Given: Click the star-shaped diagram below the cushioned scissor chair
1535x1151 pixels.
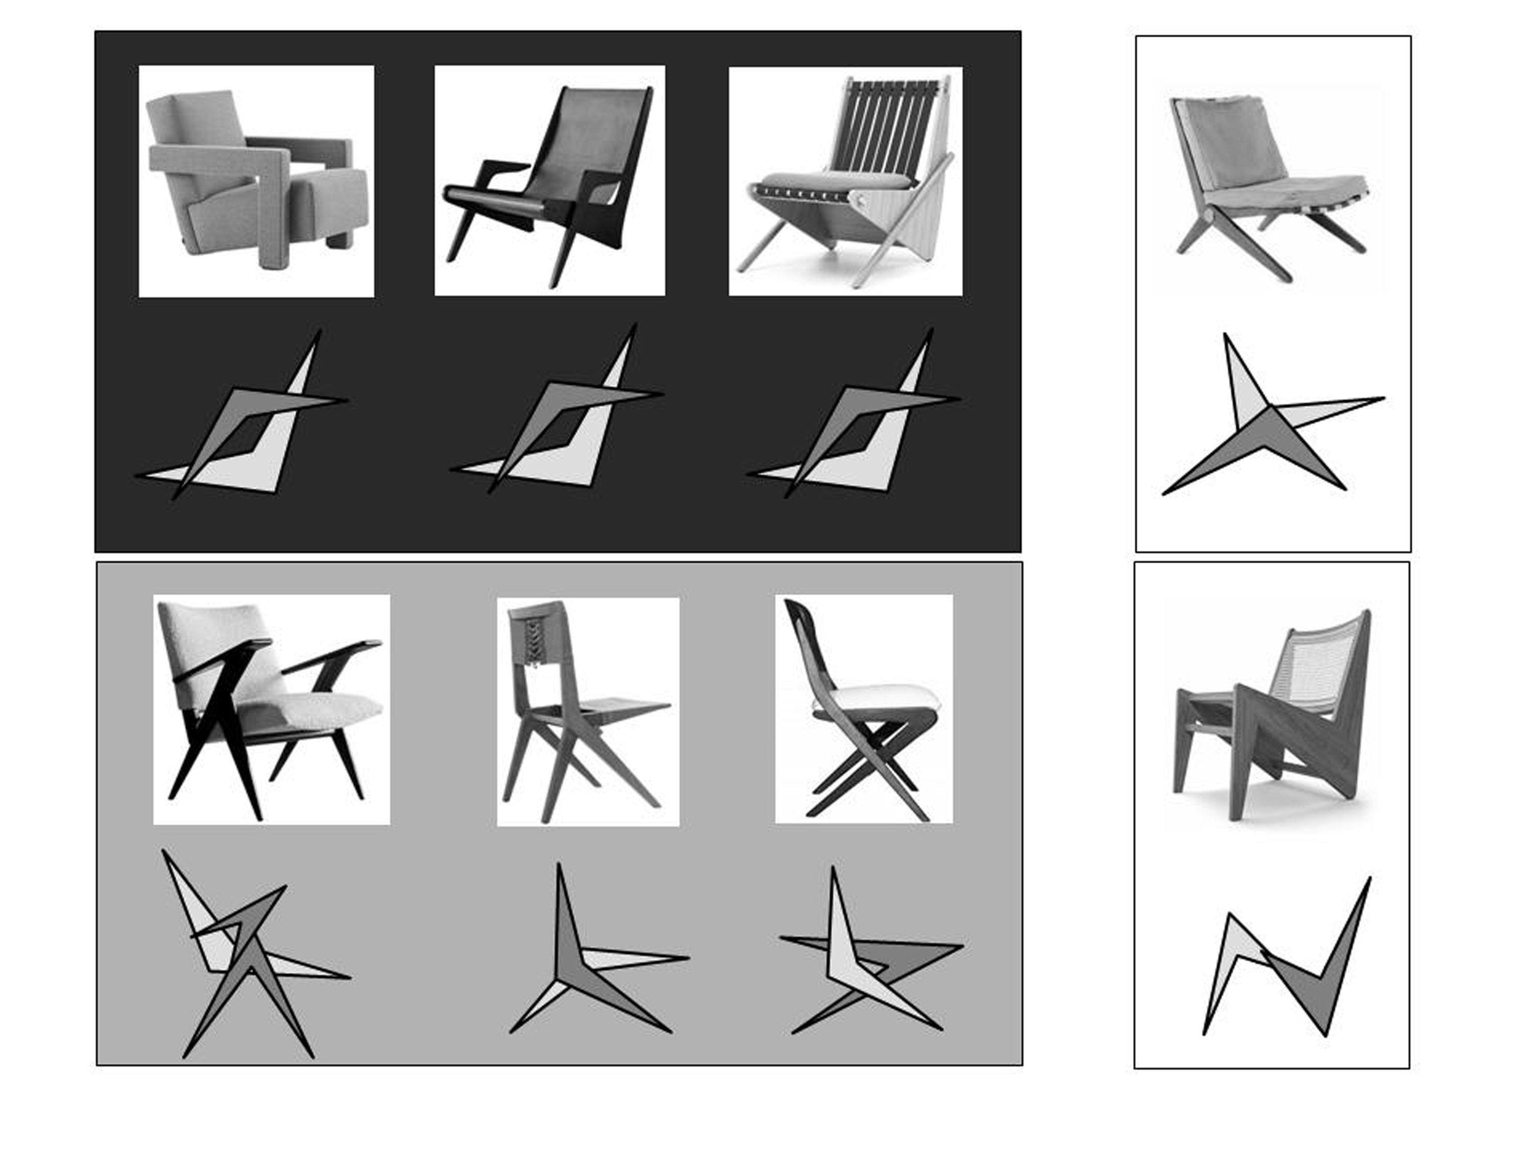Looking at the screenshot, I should click(1270, 423).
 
